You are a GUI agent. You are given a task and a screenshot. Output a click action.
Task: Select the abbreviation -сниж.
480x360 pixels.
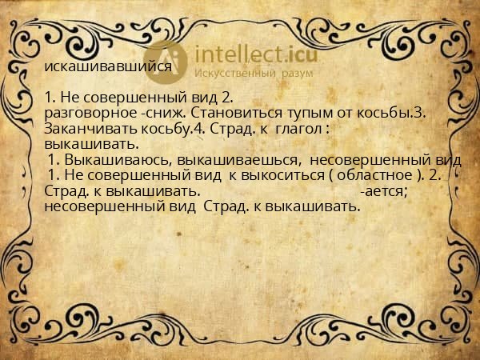coord(162,114)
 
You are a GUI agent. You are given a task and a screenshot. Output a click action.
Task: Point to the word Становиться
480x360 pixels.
coord(232,114)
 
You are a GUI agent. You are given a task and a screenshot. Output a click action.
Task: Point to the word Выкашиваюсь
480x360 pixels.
coord(120,160)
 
